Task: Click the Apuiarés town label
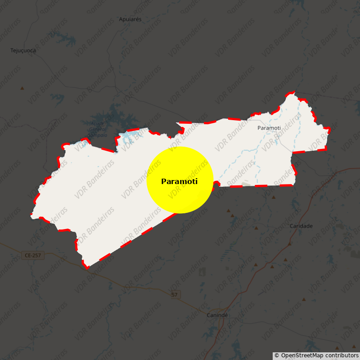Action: pyautogui.click(x=130, y=19)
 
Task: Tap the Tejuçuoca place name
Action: pyautogui.click(x=23, y=50)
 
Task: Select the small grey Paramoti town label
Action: pyautogui.click(x=269, y=128)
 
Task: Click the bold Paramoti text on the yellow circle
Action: pyautogui.click(x=179, y=181)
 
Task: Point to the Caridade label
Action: pyautogui.click(x=301, y=226)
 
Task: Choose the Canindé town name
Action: pyautogui.click(x=217, y=315)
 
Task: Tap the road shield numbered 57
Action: pyautogui.click(x=175, y=295)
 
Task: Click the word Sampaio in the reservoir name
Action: pyautogui.click(x=97, y=135)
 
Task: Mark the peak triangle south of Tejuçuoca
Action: pyautogui.click(x=22, y=88)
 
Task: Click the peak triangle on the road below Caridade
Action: pyautogui.click(x=289, y=244)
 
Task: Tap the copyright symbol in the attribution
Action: pyautogui.click(x=277, y=355)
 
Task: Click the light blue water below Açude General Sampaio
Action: pyautogui.click(x=130, y=135)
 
